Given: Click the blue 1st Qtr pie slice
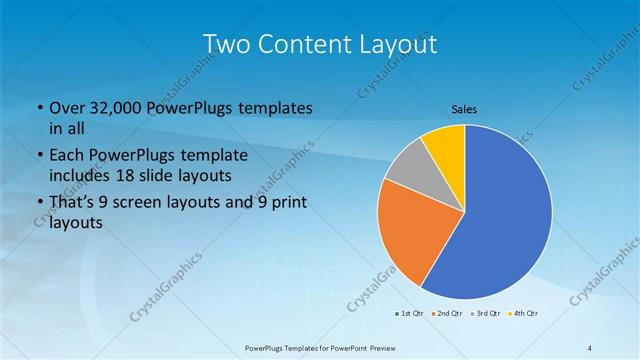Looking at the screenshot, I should point(505,215).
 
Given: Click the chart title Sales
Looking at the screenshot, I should point(464,108).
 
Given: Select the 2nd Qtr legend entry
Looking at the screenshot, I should point(446,314).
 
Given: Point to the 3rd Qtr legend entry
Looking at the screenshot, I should point(485,314).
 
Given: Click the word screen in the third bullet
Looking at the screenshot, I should point(143,203).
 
